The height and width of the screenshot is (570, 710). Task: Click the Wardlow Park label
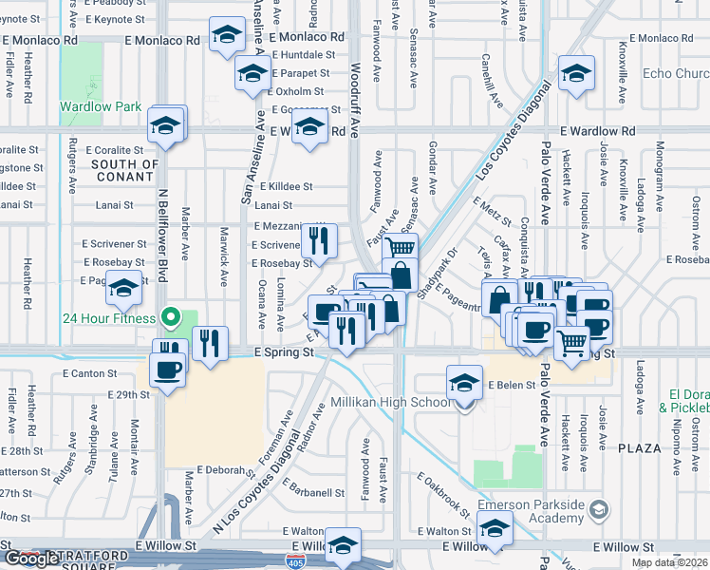pos(100,106)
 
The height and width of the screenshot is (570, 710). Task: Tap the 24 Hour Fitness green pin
pos(171,317)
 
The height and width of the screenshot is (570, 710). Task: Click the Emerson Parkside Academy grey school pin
pos(597,511)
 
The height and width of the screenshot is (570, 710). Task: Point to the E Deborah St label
pos(222,469)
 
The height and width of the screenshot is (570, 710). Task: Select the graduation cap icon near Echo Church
pos(576,73)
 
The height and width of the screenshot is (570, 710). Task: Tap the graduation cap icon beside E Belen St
pos(463,382)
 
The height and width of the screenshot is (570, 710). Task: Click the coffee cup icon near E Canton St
pos(167,368)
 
